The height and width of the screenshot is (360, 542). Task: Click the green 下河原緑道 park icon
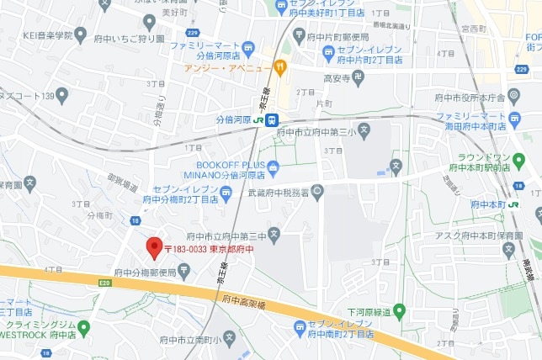coord(399,310)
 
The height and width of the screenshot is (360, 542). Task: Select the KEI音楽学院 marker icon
coord(81,34)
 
